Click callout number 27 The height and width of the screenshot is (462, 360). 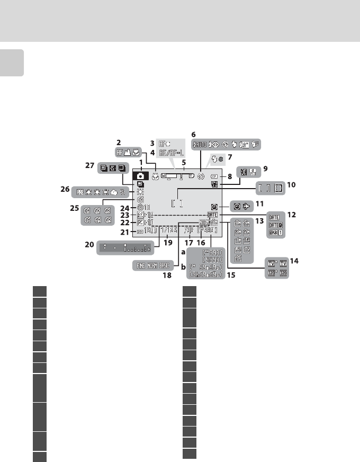(91, 165)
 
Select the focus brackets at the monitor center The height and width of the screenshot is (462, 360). (178, 203)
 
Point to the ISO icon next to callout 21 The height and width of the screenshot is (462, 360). (139, 231)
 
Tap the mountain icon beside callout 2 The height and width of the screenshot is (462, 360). (128, 152)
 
